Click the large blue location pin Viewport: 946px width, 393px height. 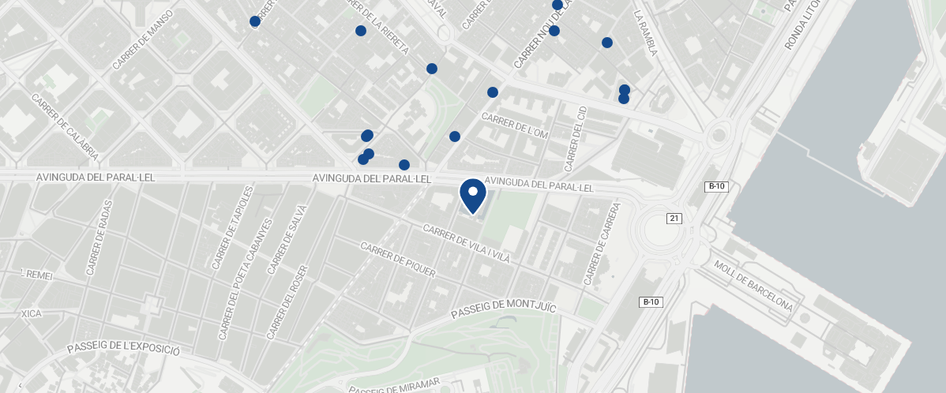click(472, 194)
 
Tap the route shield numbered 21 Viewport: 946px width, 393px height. click(674, 218)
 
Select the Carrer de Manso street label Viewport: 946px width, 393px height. click(143, 45)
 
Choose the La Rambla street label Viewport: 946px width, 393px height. click(645, 33)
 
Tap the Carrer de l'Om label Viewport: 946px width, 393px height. click(514, 126)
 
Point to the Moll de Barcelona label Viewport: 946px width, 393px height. click(753, 285)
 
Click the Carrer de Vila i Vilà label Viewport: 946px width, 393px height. click(467, 245)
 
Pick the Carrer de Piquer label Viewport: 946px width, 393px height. click(397, 260)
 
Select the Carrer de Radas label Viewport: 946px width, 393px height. click(99, 237)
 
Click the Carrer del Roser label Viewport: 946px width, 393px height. click(286, 308)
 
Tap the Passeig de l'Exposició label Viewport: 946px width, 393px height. click(124, 349)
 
